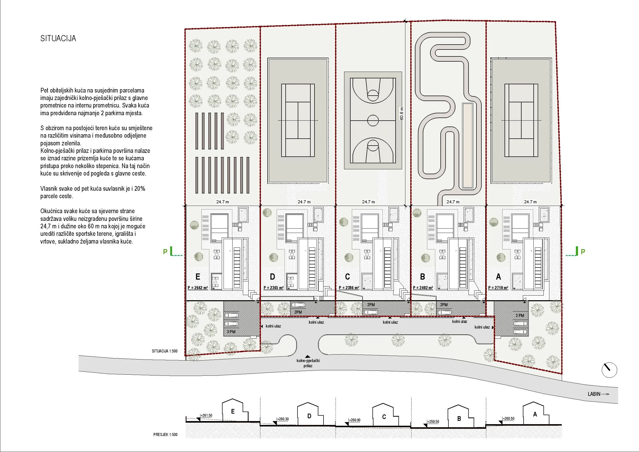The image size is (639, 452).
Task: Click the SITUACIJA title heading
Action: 58,38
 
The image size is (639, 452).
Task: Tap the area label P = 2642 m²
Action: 198,288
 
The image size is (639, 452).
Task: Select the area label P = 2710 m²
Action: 498,288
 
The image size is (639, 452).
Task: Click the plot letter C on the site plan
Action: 347,277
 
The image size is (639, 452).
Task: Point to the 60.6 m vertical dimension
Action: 401,114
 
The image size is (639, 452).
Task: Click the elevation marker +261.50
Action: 206,415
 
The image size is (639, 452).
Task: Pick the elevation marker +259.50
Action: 433,422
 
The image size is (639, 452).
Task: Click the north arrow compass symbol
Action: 609,370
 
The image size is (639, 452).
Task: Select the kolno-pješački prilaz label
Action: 308,363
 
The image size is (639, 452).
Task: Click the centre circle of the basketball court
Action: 373,120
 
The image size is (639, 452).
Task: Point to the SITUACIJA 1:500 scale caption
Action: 165,351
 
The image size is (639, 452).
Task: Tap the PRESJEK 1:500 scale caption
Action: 165,434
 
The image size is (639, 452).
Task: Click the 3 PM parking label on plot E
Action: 231,332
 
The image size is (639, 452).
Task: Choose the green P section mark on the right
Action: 583,252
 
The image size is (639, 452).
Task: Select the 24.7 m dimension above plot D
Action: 304,202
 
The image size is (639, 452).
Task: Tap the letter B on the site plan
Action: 422,277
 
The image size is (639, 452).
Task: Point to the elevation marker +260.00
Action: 354,420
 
